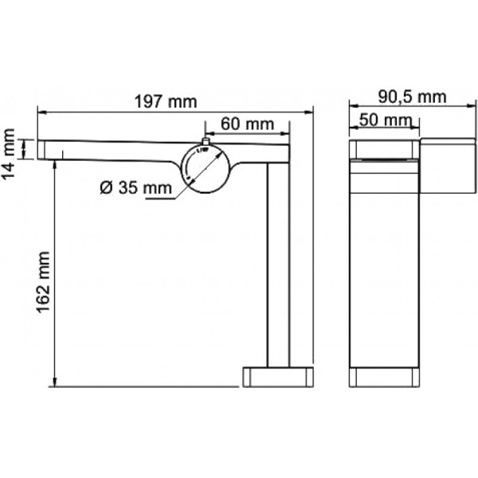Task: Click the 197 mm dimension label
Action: point(167,102)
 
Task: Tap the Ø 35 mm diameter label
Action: point(136,188)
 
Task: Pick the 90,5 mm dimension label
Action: point(412,97)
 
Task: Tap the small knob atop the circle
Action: point(205,143)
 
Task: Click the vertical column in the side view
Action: point(277,263)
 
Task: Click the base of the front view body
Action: point(384,377)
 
